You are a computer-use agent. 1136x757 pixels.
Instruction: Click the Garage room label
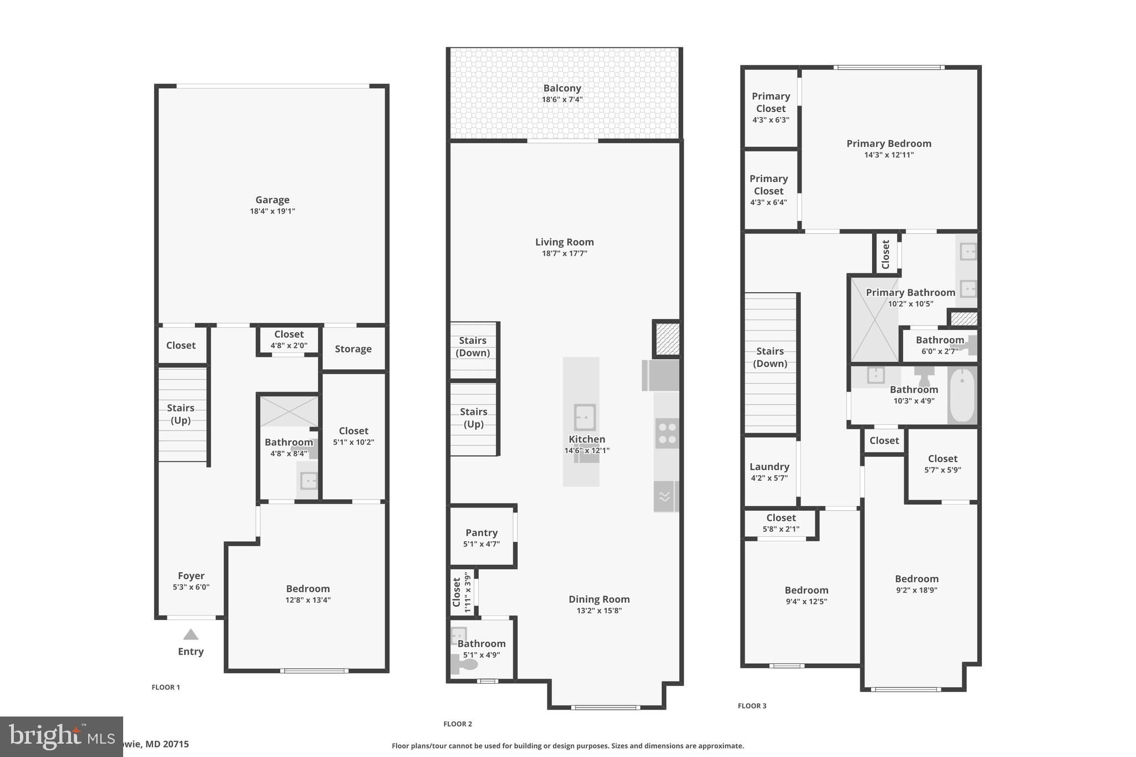272,200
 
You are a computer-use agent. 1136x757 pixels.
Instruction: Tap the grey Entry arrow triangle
191,634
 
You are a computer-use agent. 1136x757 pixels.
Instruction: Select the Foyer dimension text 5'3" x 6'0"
191,587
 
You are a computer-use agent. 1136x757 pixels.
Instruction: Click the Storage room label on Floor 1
353,349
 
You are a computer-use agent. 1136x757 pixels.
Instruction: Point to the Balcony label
562,88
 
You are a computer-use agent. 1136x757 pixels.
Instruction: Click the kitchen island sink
585,417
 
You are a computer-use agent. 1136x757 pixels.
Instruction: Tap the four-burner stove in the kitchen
667,433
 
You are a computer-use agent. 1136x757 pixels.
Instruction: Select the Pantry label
481,532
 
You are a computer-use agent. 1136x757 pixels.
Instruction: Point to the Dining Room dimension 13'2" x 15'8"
599,611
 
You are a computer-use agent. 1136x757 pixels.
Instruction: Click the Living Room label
564,242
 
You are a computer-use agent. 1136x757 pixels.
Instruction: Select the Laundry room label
769,466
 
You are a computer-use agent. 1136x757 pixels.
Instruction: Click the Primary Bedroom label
889,144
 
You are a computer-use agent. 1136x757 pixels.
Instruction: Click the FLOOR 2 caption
458,724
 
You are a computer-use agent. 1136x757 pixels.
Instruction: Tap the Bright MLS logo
61,736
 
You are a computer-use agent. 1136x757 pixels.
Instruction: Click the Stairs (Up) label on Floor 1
180,414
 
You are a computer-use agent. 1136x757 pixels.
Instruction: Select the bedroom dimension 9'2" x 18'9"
916,591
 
